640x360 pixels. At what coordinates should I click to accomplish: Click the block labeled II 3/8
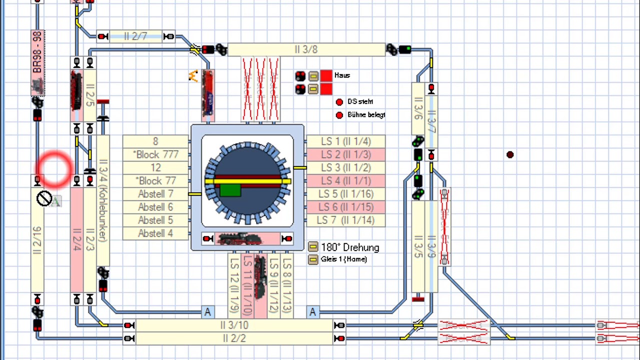click(x=306, y=49)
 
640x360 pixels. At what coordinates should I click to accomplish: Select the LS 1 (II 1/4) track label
click(x=345, y=141)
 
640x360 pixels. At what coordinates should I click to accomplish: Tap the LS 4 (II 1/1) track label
click(x=345, y=180)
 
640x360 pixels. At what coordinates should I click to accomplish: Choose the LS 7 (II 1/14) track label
click(x=345, y=220)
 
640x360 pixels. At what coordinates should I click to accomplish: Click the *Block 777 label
click(x=155, y=154)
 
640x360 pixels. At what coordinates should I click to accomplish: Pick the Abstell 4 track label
click(x=155, y=233)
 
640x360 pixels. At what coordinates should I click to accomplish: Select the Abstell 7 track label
click(x=155, y=194)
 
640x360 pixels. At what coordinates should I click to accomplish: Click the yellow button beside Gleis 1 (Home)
click(x=313, y=259)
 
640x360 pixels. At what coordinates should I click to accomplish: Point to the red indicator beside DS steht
click(x=339, y=102)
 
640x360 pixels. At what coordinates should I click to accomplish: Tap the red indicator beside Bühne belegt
click(x=339, y=115)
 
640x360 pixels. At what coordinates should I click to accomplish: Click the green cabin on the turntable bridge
click(x=230, y=190)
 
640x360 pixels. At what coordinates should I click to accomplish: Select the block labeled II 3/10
click(x=234, y=325)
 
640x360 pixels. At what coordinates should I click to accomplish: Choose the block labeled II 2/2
click(x=234, y=338)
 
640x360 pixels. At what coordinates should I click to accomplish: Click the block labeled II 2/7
click(x=135, y=36)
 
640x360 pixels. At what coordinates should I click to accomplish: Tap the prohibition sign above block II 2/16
click(x=44, y=199)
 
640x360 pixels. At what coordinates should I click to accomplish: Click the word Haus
click(x=342, y=75)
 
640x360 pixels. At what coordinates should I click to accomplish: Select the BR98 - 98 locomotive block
click(x=37, y=62)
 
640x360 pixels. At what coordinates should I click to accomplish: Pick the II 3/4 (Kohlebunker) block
click(x=103, y=200)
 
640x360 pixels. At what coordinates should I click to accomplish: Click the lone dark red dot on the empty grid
click(x=509, y=155)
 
